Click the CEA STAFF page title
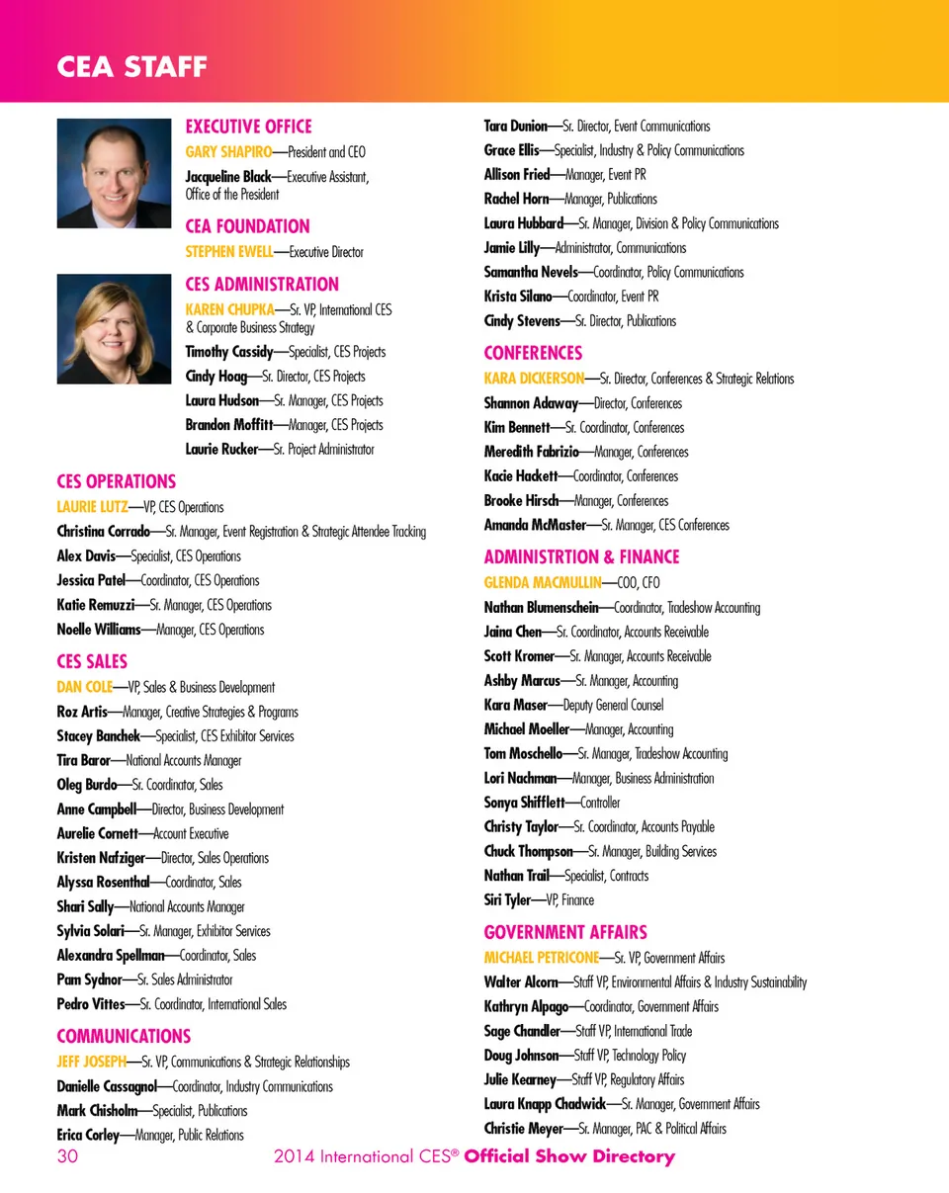[x=131, y=67]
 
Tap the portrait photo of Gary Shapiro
[x=114, y=173]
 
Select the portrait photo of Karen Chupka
[x=114, y=328]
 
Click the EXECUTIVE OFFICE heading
[x=248, y=127]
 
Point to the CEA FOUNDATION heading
[x=247, y=226]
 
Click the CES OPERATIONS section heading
[x=116, y=482]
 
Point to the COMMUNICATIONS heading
[x=124, y=1037]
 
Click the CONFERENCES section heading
[x=533, y=353]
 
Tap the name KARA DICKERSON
[x=534, y=379]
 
